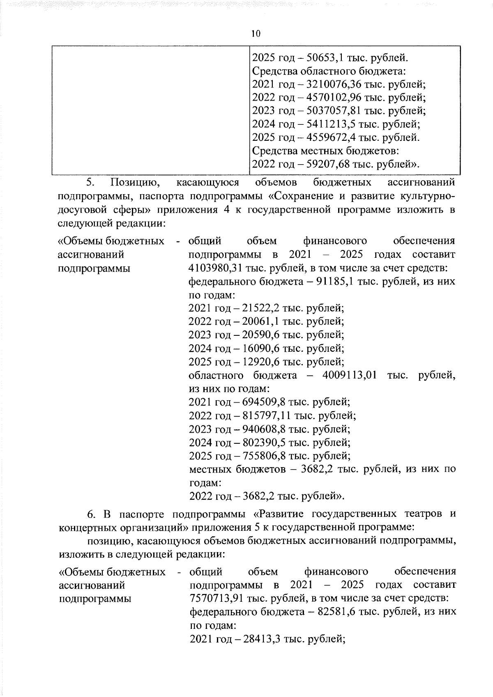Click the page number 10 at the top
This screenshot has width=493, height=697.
[256, 34]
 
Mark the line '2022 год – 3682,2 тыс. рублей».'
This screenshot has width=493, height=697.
[267, 496]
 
